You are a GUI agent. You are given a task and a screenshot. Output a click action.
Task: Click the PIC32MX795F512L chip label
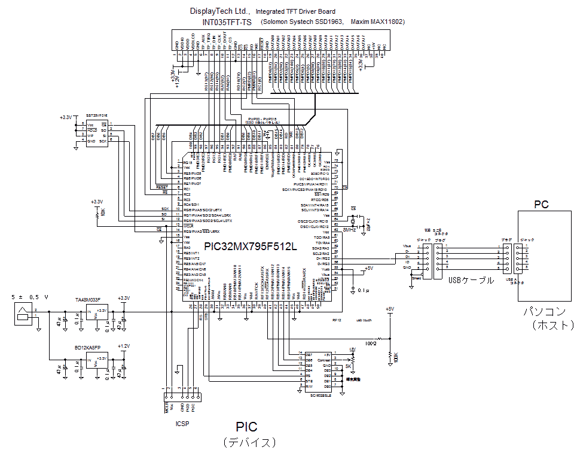coord(250,246)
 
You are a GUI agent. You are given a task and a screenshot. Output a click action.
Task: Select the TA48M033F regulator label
coord(88,300)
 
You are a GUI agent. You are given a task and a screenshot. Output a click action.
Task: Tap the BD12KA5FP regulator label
coord(87,347)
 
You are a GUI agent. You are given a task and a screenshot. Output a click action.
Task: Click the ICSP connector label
coord(182,423)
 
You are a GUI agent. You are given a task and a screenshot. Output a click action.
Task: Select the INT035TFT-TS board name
coord(227,22)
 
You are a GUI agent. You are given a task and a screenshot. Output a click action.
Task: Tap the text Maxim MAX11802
coord(378,22)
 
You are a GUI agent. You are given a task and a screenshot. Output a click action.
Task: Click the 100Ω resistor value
coord(371,344)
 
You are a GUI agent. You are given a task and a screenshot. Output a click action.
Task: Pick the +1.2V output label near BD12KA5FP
coord(124,346)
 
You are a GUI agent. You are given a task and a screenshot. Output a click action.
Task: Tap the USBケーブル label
coord(471,280)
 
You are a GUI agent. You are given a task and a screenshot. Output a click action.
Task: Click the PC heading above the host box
coord(541,205)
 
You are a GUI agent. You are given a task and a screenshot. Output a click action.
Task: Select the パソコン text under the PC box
coord(544,312)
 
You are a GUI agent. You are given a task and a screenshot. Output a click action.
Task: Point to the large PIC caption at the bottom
coord(246,427)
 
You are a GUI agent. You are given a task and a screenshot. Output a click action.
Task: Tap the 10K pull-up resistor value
coord(103,213)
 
